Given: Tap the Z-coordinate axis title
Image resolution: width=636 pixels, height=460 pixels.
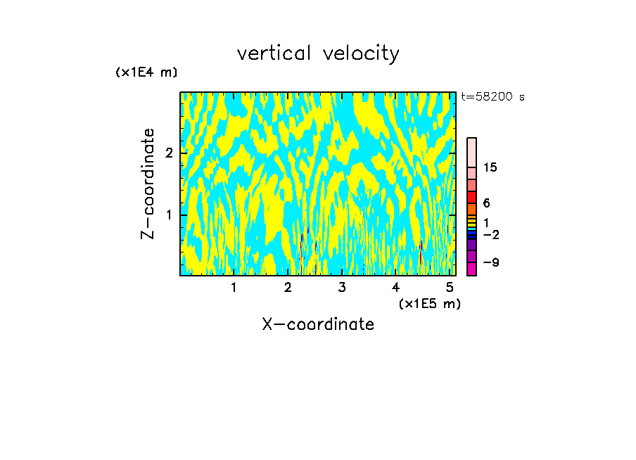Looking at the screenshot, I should pos(148,184).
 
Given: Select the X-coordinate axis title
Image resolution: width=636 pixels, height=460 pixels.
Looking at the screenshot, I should pos(318,324).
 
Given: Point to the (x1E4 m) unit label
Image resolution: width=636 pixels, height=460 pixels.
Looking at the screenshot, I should pos(146,72).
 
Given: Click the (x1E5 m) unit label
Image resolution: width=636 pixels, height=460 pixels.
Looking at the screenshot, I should pos(429,303).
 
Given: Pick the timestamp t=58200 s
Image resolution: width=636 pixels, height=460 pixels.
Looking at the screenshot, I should pos(492,97).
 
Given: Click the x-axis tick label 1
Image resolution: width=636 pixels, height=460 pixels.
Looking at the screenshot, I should pos(234,288).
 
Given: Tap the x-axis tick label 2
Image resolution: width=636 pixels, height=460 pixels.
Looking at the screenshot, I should pos(288,288).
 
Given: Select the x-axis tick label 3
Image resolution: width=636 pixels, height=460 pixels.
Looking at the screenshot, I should pos(342,288).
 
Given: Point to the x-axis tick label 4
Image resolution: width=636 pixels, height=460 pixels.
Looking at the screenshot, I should pos(396,288).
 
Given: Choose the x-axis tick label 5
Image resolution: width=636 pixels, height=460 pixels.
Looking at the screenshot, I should pos(450,288).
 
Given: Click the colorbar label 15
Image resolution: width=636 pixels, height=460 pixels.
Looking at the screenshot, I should pos(490,167).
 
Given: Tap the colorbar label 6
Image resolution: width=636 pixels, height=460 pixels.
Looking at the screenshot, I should pos(486,203).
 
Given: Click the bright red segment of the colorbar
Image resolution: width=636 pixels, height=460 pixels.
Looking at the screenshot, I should pos(471,197).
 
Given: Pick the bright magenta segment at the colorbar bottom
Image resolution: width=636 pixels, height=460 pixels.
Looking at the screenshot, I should pos(471,269).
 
